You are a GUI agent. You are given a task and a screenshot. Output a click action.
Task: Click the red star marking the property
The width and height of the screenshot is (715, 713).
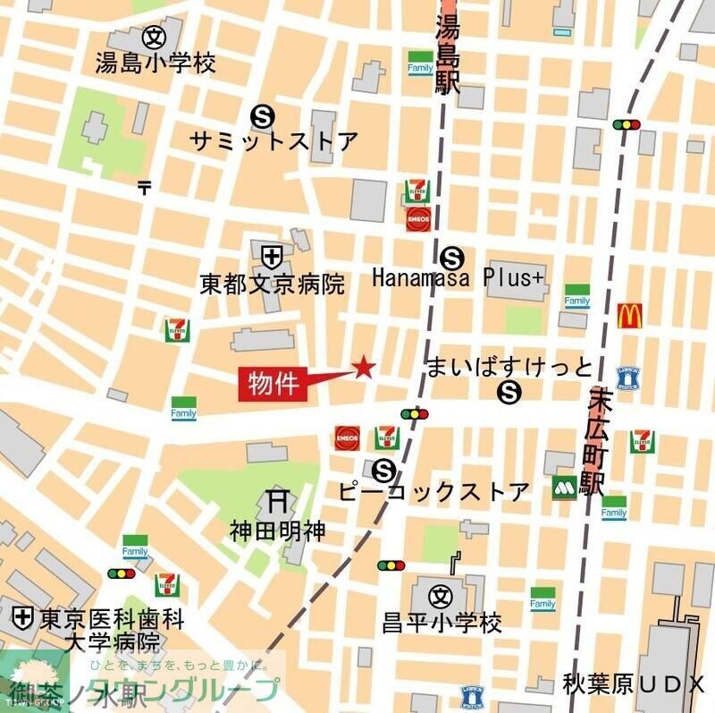(x=364, y=367)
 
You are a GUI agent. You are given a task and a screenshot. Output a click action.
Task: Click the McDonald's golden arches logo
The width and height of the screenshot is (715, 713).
(x=630, y=315)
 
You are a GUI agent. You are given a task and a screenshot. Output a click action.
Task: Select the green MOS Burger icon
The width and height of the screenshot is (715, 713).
(x=563, y=488)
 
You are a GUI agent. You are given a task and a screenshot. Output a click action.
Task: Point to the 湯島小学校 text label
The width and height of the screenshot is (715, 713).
(x=156, y=64)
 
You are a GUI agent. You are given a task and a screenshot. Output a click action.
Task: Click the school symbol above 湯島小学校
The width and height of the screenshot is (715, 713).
(x=155, y=37)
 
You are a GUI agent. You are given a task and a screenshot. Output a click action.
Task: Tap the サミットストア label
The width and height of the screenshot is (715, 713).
(x=274, y=141)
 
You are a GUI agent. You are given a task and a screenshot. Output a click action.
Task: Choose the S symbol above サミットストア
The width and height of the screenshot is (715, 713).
(x=262, y=115)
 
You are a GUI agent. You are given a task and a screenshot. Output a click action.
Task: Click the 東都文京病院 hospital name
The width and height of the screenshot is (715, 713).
(x=272, y=284)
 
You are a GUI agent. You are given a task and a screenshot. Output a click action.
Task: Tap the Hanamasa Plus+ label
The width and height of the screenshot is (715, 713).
(x=458, y=277)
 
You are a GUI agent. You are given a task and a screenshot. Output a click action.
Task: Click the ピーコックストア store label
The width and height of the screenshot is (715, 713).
(x=434, y=490)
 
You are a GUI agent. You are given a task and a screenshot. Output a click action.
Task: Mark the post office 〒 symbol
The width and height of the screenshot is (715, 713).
(x=144, y=187)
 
